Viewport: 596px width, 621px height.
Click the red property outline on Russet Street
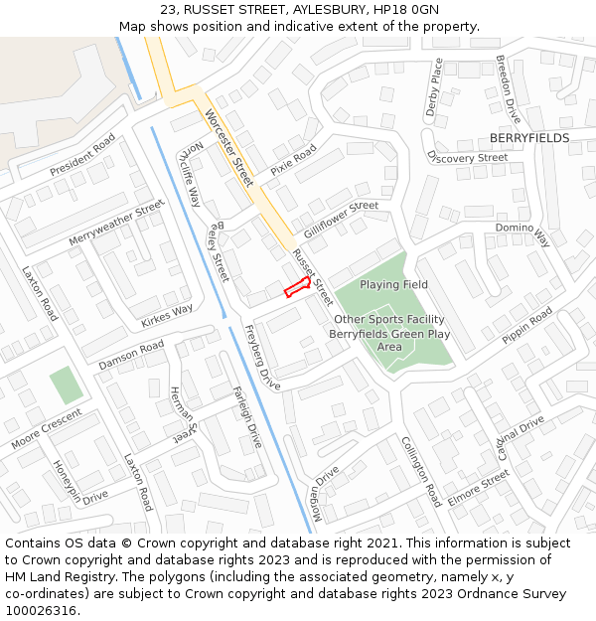(297, 288)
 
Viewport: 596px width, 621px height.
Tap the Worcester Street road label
(229, 148)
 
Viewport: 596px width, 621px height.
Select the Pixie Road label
(293, 160)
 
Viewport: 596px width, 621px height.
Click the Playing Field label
(393, 284)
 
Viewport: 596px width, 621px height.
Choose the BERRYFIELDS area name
(529, 138)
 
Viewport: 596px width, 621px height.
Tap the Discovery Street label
(466, 157)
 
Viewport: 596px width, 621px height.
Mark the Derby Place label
(434, 87)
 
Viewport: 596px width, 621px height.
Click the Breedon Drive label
(508, 88)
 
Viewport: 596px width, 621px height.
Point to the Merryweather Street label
(116, 224)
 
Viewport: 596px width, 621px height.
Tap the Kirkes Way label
(167, 315)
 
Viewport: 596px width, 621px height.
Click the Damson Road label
(131, 355)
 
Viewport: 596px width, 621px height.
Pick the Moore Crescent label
(47, 428)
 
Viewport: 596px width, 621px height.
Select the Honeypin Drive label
(80, 482)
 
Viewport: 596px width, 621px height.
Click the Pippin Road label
(526, 326)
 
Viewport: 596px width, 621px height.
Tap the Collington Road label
(420, 471)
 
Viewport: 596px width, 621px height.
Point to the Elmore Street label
(478, 488)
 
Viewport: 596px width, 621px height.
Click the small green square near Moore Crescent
(67, 385)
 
